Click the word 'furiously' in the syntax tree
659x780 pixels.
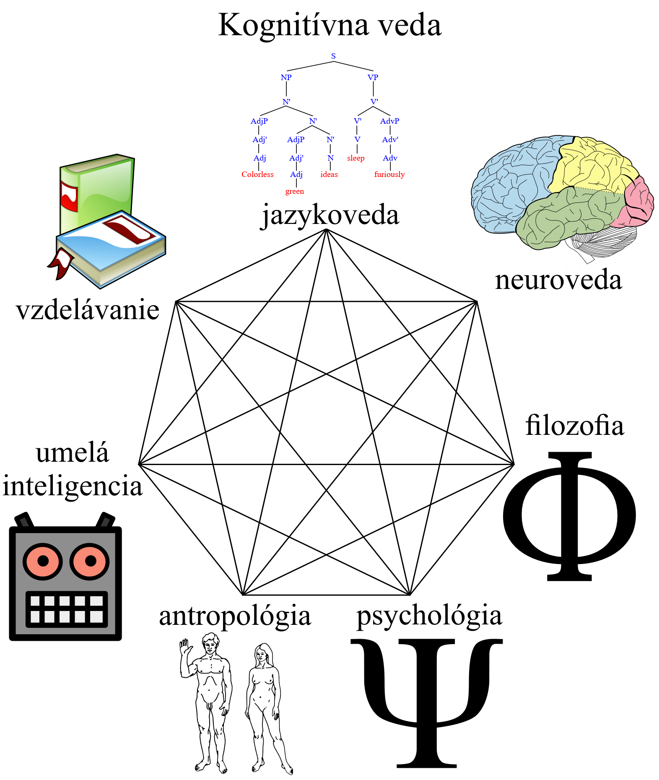pyautogui.click(x=389, y=174)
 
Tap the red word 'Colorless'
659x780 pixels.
pyautogui.click(x=257, y=174)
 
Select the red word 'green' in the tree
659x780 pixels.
pyautogui.click(x=295, y=191)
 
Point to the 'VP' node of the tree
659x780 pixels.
pyautogui.click(x=373, y=78)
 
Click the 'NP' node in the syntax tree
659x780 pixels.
pyautogui.click(x=286, y=78)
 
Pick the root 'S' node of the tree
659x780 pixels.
pyautogui.click(x=333, y=56)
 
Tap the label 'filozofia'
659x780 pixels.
pyautogui.click(x=574, y=425)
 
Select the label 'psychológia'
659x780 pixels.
pyautogui.click(x=429, y=616)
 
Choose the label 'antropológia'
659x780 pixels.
pyautogui.click(x=235, y=616)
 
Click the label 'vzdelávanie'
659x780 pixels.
pyautogui.click(x=88, y=310)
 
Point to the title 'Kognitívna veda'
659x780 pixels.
pyautogui.click(x=329, y=25)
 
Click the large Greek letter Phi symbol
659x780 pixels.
pyautogui.click(x=569, y=516)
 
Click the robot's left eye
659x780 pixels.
pyautogui.click(x=43, y=561)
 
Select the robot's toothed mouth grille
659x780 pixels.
pyautogui.click(x=67, y=609)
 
